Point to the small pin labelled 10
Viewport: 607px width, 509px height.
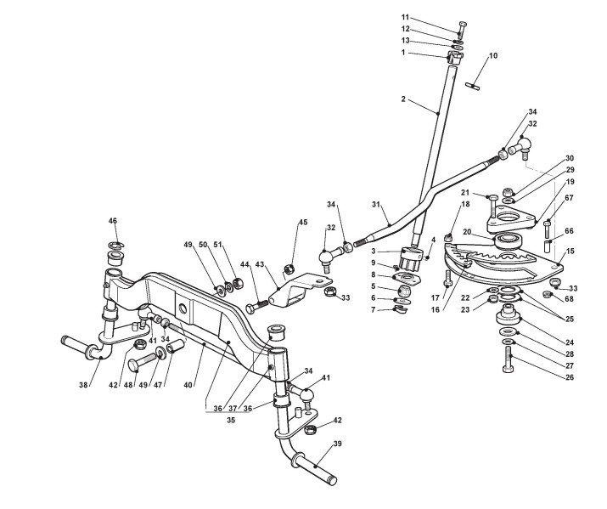click(475, 82)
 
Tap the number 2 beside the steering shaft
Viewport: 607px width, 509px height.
click(403, 99)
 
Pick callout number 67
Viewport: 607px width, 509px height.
click(569, 199)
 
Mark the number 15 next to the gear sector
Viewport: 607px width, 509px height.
click(570, 251)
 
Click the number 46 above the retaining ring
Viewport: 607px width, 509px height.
click(112, 221)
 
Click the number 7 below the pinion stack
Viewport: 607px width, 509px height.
click(397, 309)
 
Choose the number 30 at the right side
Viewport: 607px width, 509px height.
click(570, 158)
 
